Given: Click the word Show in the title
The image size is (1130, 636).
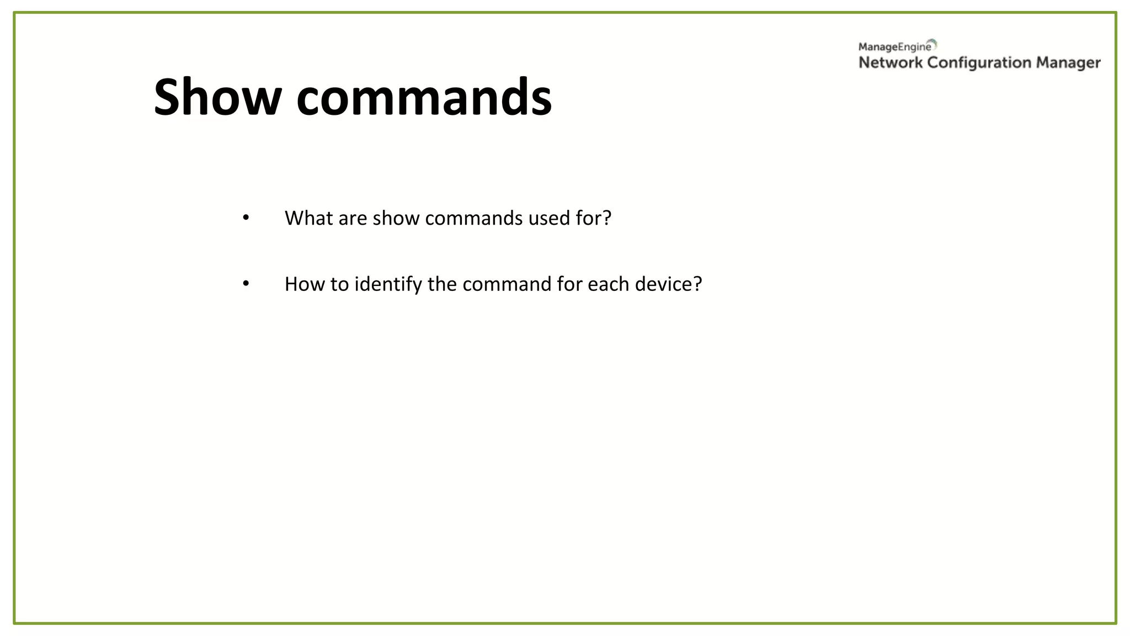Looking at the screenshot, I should coord(217,97).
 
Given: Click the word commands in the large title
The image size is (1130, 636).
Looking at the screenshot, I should coord(424,97).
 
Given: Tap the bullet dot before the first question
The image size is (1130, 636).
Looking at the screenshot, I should coord(246,218).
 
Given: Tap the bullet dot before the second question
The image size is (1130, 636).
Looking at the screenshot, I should coord(246,283).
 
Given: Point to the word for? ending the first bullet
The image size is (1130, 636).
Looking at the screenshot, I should coord(594,218).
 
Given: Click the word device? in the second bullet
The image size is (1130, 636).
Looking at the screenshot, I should coord(668,284).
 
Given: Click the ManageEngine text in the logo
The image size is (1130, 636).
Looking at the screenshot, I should coord(894,47).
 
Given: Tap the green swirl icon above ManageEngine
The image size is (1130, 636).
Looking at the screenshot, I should coord(932,43).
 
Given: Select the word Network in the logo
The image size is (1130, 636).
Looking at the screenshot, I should coord(890,62).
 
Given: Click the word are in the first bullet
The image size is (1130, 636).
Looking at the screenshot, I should coord(353,218).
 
